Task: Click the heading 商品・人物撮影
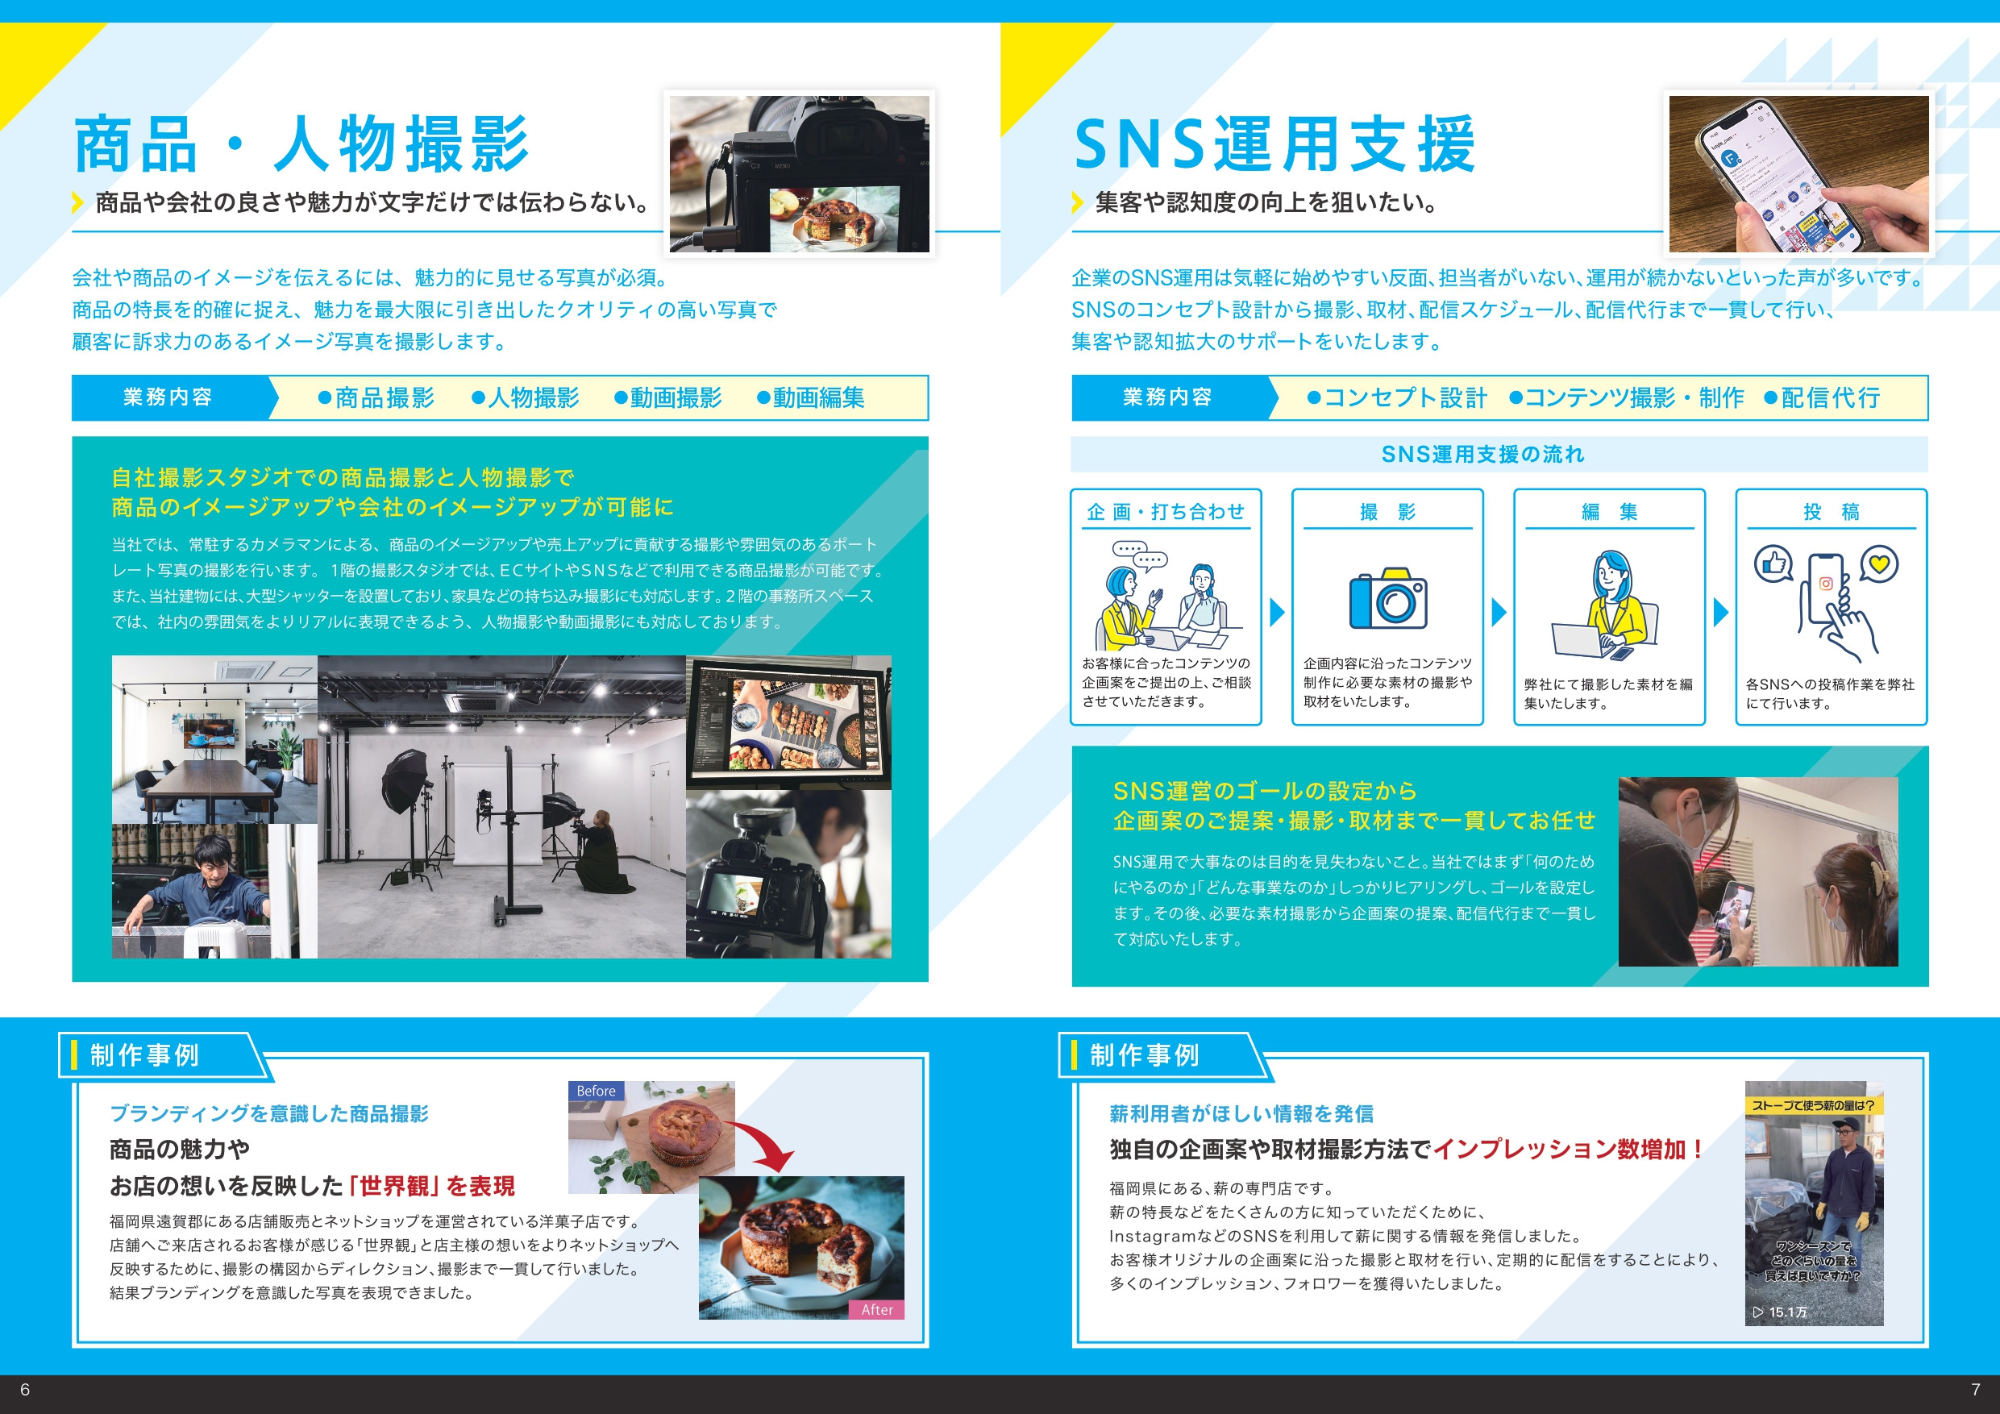tap(301, 143)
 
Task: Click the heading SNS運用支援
tap(1274, 143)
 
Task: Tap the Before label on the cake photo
tap(596, 1091)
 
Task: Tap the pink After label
tap(876, 1309)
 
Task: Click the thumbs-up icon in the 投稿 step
tap(1773, 564)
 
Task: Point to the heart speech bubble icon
tap(1879, 564)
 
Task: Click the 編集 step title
tap(1609, 511)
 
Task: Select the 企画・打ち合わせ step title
tap(1166, 511)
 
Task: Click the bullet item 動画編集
tap(811, 398)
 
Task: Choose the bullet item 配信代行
tap(1823, 398)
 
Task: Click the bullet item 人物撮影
tap(526, 398)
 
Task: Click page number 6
tap(24, 1389)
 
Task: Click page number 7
tap(1975, 1389)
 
